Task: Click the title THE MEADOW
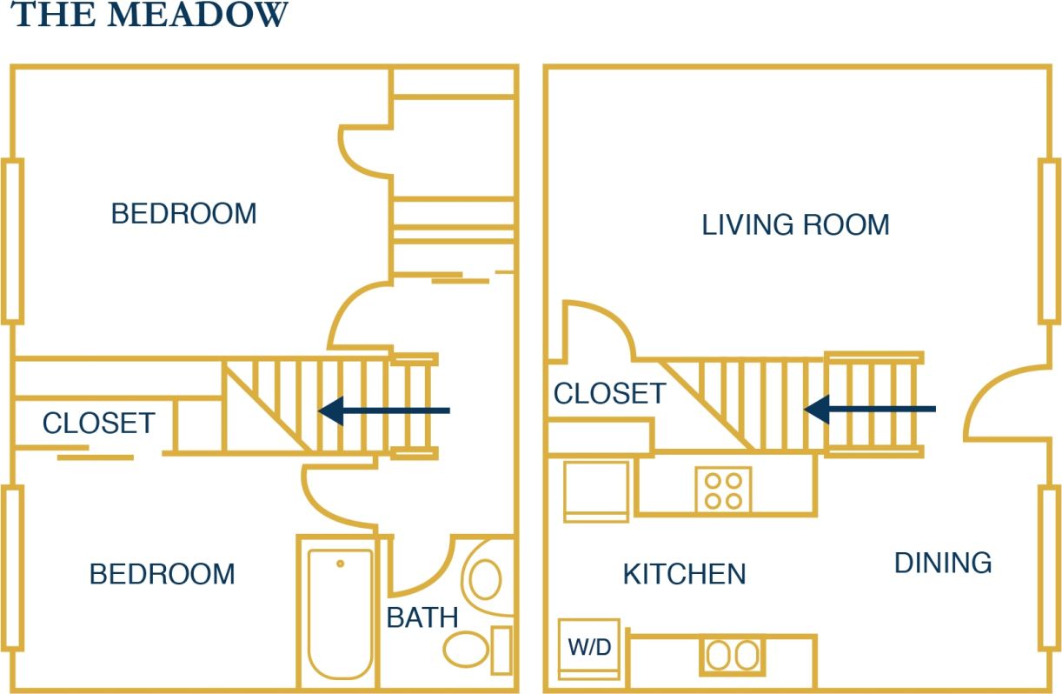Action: point(149,15)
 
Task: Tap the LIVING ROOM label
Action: point(795,225)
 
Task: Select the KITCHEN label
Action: point(684,574)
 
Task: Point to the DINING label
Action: point(943,563)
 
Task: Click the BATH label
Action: point(422,617)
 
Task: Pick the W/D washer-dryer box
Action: point(588,648)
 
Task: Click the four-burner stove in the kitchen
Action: point(723,490)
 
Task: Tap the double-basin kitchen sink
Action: point(733,656)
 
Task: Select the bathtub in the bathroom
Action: point(341,612)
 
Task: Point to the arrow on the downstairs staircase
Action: point(869,409)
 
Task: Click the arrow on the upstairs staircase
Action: point(384,410)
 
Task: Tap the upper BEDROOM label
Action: point(183,213)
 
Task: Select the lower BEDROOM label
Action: point(163,574)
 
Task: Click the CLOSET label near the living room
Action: point(609,394)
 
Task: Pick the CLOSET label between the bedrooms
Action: point(98,424)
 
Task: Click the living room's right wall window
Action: point(1049,240)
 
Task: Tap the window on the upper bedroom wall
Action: point(12,240)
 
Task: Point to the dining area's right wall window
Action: point(1049,569)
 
